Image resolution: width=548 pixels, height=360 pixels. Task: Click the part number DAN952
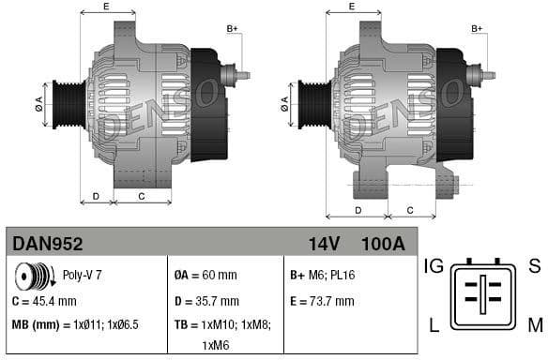click(48, 244)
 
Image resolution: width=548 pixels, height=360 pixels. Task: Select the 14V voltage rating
click(324, 244)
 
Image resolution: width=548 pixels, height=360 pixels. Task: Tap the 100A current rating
click(383, 244)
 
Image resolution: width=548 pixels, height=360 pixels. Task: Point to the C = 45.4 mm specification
click(44, 301)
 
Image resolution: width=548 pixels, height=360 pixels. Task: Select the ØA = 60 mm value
click(205, 276)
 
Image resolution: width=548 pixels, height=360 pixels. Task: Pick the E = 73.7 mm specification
click(323, 301)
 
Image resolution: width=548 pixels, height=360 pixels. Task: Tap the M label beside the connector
click(534, 324)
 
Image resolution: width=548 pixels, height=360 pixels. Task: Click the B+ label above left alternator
click(233, 29)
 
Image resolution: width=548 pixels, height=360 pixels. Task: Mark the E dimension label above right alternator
click(351, 7)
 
